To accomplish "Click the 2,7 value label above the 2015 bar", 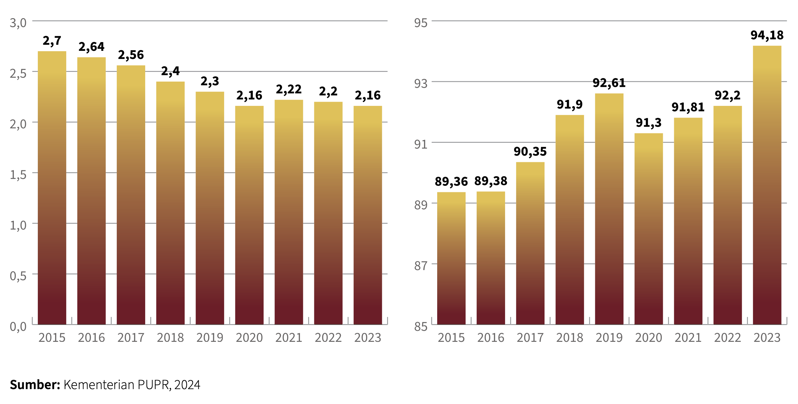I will click(52, 41).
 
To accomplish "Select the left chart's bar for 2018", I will click(170, 203).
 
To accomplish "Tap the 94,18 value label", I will click(767, 35).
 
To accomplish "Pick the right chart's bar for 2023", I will click(767, 185).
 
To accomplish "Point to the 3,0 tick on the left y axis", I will click(18, 23).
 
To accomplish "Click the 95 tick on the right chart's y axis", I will click(421, 23).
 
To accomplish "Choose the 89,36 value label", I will click(451, 182).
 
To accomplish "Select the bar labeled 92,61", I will click(609, 209).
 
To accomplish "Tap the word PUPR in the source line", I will click(153, 385).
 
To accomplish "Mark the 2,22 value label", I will click(289, 89).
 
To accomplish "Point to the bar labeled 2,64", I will click(92, 191).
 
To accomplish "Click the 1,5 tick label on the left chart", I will click(18, 175).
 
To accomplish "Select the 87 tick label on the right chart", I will click(421, 266).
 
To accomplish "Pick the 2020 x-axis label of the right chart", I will click(649, 338).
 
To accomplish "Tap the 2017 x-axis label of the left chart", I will click(131, 338).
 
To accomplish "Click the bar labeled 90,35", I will click(530, 243).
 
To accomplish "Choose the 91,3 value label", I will click(649, 123).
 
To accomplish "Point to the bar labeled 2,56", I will click(131, 195).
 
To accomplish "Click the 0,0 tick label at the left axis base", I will click(18, 327).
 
